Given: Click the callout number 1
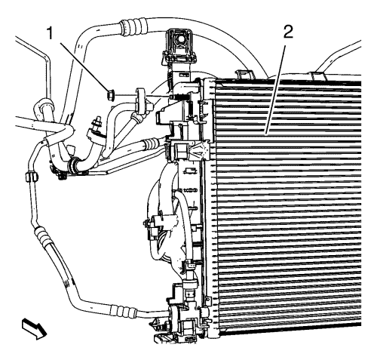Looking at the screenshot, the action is (51, 34).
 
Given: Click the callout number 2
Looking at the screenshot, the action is (288, 32).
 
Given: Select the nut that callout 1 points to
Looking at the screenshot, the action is (111, 94).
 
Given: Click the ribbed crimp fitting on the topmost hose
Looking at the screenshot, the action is (133, 26).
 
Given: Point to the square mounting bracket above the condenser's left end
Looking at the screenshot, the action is (179, 45).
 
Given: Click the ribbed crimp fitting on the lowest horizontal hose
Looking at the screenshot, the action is (124, 311).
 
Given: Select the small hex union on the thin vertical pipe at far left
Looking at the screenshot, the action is (32, 177).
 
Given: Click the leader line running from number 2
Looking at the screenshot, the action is (276, 88).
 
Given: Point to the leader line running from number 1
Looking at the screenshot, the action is (82, 66).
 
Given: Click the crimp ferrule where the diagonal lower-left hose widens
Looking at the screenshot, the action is (42, 235).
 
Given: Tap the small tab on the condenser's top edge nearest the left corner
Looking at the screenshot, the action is (243, 73).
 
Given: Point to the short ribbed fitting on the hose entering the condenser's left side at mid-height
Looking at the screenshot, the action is (151, 144).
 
